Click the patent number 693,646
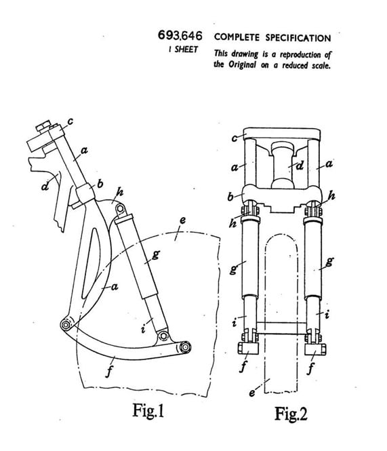click(180, 36)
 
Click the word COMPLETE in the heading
click(237, 37)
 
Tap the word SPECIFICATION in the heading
click(298, 38)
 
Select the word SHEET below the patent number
click(186, 50)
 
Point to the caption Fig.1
click(148, 410)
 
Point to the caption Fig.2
click(291, 414)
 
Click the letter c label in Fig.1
click(70, 121)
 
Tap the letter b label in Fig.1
click(100, 184)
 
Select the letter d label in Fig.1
click(45, 186)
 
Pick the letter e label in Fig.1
click(182, 220)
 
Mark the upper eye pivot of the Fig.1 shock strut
click(121, 208)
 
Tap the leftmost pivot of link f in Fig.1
click(66, 325)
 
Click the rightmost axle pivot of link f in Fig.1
click(184, 347)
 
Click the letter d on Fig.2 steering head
click(300, 166)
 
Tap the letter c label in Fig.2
click(235, 138)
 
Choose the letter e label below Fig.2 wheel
click(252, 393)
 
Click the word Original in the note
click(242, 64)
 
